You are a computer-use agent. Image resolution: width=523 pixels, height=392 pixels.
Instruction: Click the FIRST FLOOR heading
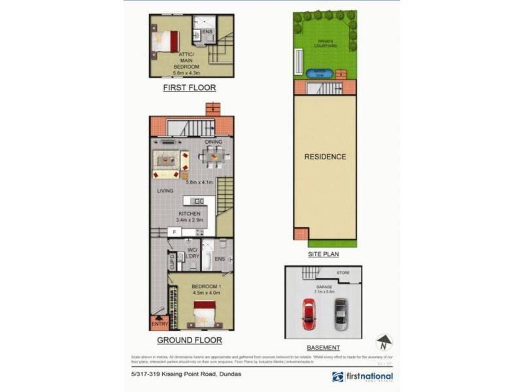190,87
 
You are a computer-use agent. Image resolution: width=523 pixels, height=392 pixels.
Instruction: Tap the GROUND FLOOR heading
189,340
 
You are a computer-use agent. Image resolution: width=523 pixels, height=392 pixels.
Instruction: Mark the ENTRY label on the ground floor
160,324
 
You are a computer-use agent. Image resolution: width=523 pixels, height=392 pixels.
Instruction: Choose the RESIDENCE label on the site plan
325,157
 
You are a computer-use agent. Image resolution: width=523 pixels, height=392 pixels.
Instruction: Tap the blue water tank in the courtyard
321,72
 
